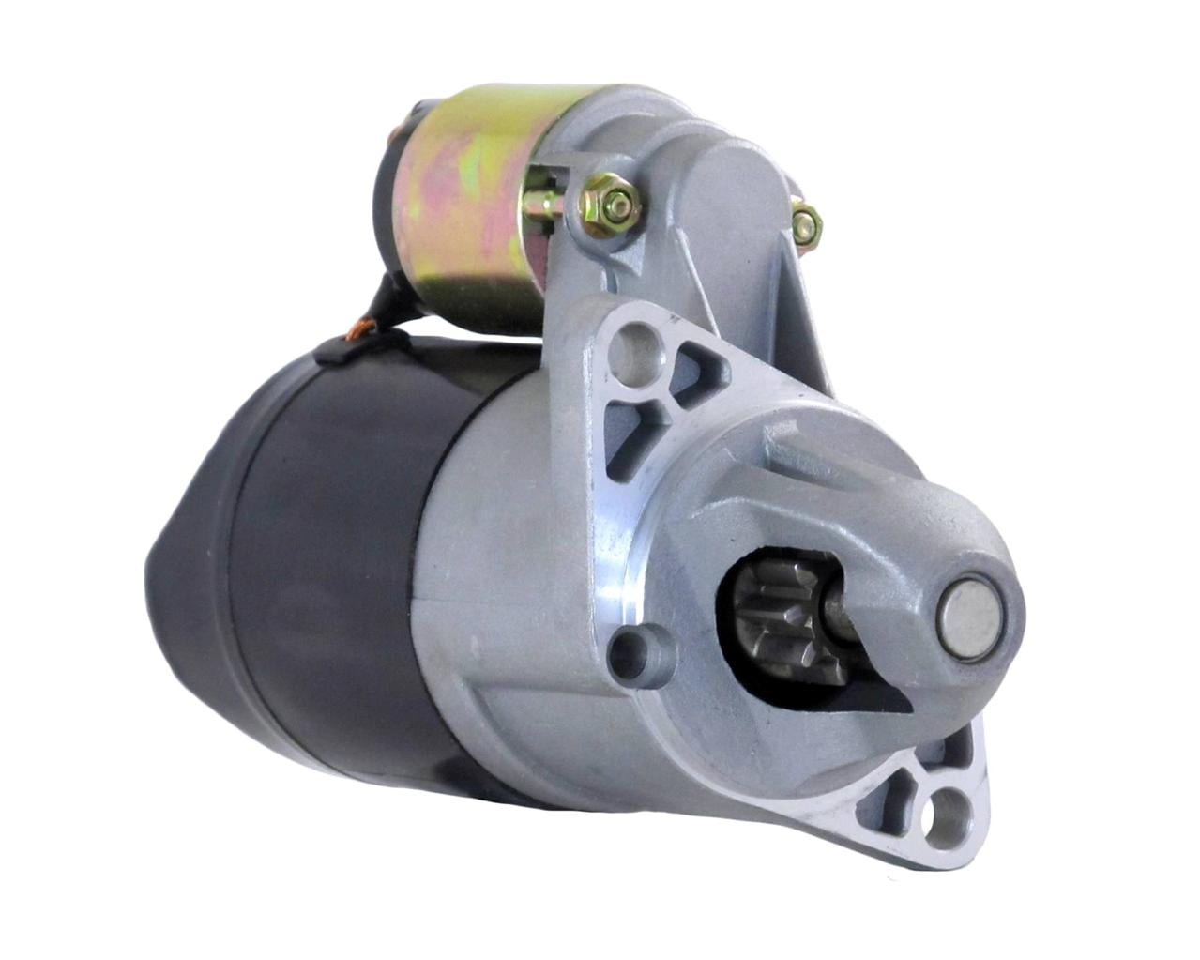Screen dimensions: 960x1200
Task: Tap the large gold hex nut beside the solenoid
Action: (610, 206)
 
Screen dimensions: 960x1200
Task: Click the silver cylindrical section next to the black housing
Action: (497, 601)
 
